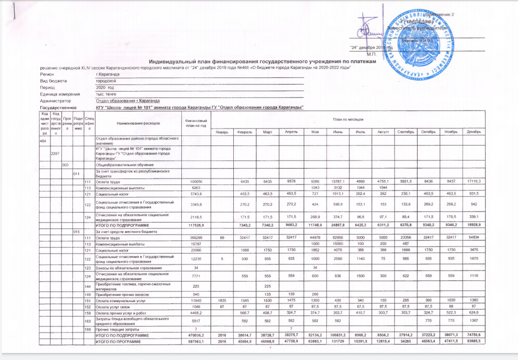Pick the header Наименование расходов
(138, 122)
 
